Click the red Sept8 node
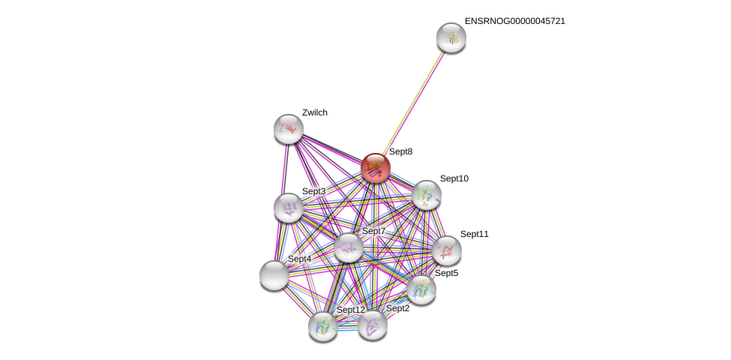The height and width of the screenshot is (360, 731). click(x=375, y=168)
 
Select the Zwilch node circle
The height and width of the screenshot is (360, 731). click(x=288, y=129)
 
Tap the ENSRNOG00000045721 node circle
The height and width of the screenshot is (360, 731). click(x=451, y=37)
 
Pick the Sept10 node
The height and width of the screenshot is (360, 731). click(x=426, y=195)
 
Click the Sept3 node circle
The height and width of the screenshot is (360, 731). click(x=288, y=208)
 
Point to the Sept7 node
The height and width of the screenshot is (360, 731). click(x=348, y=247)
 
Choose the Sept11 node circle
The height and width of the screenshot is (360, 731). click(x=446, y=250)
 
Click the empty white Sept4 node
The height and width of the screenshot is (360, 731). click(x=274, y=275)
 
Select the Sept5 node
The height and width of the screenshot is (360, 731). click(x=421, y=289)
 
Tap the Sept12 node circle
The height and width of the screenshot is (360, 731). click(x=323, y=326)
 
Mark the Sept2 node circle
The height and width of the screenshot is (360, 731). click(x=372, y=325)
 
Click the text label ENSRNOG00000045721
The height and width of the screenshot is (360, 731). click(x=514, y=21)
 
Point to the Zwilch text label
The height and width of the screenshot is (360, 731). click(x=315, y=112)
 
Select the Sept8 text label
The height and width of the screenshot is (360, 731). click(x=400, y=151)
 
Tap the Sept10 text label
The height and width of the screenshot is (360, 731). click(x=454, y=178)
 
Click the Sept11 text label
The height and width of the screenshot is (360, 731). click(x=474, y=234)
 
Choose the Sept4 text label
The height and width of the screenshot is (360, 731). click(x=299, y=259)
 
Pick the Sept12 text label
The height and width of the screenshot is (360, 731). click(x=350, y=310)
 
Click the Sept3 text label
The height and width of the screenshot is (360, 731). click(x=313, y=191)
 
